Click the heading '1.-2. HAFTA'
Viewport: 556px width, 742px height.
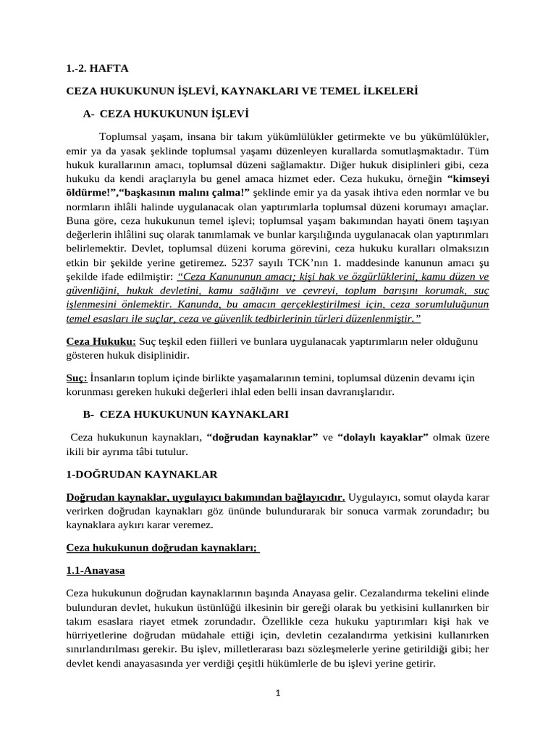(x=97, y=68)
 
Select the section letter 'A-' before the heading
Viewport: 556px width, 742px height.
(x=89, y=114)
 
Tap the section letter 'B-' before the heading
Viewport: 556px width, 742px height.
(x=89, y=414)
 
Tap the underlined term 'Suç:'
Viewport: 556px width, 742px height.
(x=77, y=378)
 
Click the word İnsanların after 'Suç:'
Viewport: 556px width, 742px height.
(x=118, y=378)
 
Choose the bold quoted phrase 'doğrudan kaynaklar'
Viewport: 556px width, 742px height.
(x=262, y=437)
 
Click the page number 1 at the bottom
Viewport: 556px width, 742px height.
(x=277, y=693)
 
